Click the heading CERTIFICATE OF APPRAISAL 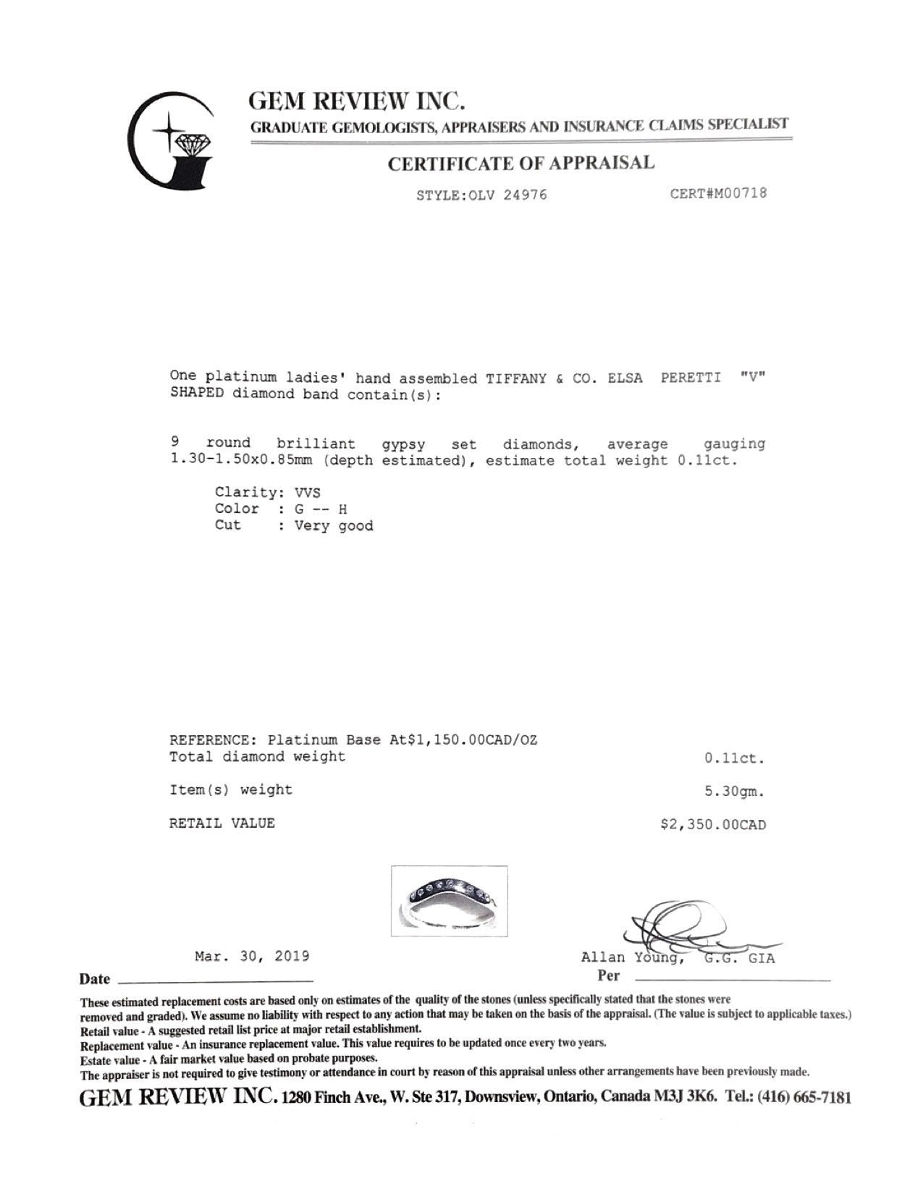click(520, 164)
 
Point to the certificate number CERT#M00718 click(718, 193)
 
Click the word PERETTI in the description click(691, 378)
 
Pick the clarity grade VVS click(307, 493)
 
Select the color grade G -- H click(320, 509)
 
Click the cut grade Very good click(334, 526)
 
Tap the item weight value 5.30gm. click(735, 791)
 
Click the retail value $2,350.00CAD click(712, 824)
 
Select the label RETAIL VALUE click(222, 823)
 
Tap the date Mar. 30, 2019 click(252, 956)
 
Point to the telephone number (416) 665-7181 click(804, 1097)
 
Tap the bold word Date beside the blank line click(95, 980)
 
